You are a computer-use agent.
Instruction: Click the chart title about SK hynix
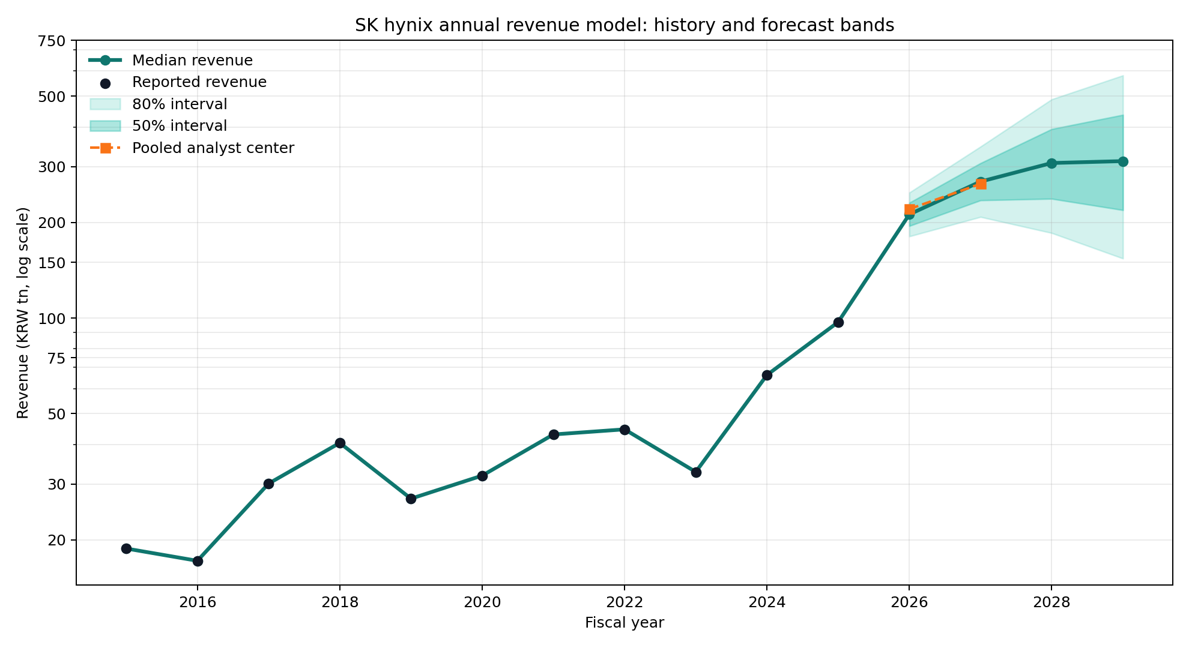point(624,25)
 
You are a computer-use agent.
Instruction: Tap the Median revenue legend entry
point(192,61)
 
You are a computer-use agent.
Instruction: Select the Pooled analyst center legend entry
point(213,148)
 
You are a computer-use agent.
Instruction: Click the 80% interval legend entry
point(179,104)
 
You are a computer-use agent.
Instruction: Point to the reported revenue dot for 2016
point(198,561)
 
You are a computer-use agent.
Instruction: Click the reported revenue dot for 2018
point(340,443)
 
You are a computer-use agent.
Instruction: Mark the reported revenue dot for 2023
point(696,472)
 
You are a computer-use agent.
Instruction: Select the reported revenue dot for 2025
point(838,322)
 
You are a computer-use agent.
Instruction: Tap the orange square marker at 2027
point(981,184)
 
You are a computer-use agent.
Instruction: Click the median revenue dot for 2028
point(1051,163)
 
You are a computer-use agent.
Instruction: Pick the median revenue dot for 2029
point(1123,161)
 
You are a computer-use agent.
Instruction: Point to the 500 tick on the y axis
point(54,96)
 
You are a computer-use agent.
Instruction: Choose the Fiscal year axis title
point(624,623)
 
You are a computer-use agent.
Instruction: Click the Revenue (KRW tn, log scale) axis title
point(23,313)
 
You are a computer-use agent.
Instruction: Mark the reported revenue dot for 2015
point(126,548)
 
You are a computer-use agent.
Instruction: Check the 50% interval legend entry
point(179,126)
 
